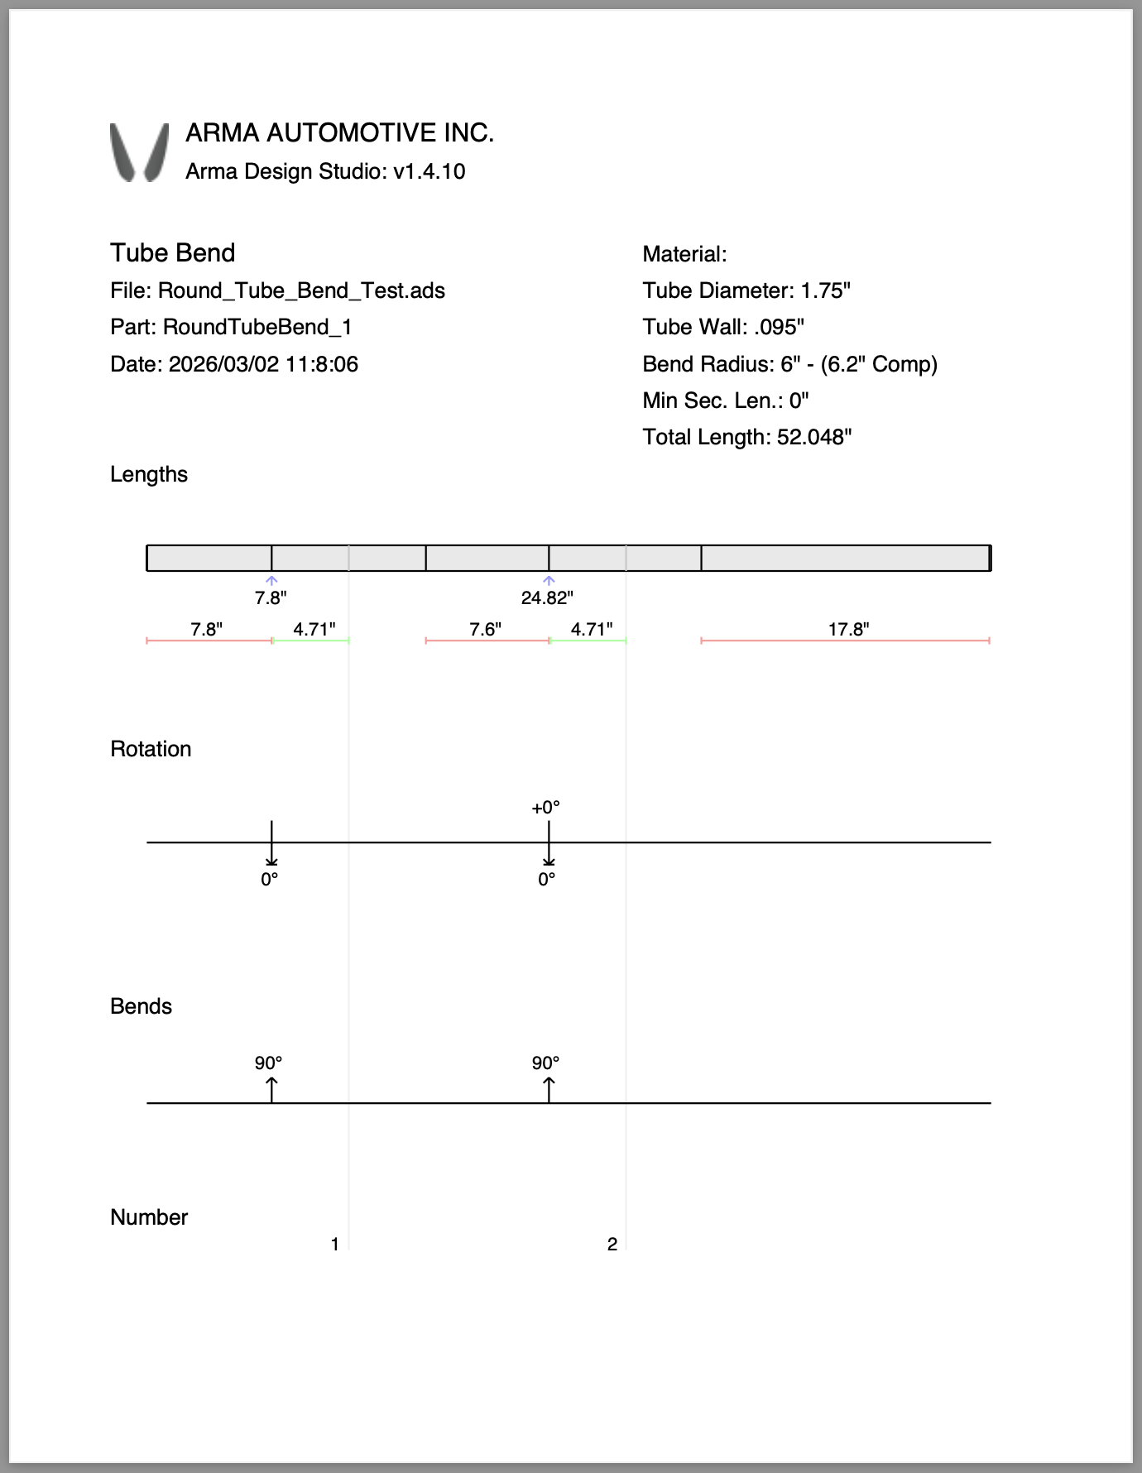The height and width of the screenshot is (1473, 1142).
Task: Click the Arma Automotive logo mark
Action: point(139,152)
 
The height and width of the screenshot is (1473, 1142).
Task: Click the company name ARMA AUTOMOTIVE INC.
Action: point(339,133)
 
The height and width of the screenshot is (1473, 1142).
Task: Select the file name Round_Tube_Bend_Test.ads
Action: point(301,290)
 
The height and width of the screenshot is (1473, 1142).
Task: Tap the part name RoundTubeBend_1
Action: point(257,327)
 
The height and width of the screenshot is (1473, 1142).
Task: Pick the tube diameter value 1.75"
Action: point(825,290)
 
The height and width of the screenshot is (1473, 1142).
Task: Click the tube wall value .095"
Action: point(779,327)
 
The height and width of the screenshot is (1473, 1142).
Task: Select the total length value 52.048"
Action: point(813,437)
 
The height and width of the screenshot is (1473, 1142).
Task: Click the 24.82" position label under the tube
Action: point(547,597)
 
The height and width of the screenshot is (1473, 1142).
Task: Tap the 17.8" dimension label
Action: point(848,629)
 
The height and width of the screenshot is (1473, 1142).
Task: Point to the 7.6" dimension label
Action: point(485,629)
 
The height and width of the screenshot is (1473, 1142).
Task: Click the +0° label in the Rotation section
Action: point(545,807)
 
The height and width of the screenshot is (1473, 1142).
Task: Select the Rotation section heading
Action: point(151,749)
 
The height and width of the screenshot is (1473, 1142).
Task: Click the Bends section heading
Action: point(141,1006)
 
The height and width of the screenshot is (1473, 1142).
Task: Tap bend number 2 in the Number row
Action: point(612,1244)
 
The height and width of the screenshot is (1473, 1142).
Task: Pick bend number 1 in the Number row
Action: point(335,1244)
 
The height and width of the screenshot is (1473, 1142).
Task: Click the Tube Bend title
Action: point(172,252)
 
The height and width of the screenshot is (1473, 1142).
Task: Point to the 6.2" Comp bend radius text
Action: point(879,364)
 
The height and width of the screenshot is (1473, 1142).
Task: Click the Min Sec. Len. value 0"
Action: point(799,401)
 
